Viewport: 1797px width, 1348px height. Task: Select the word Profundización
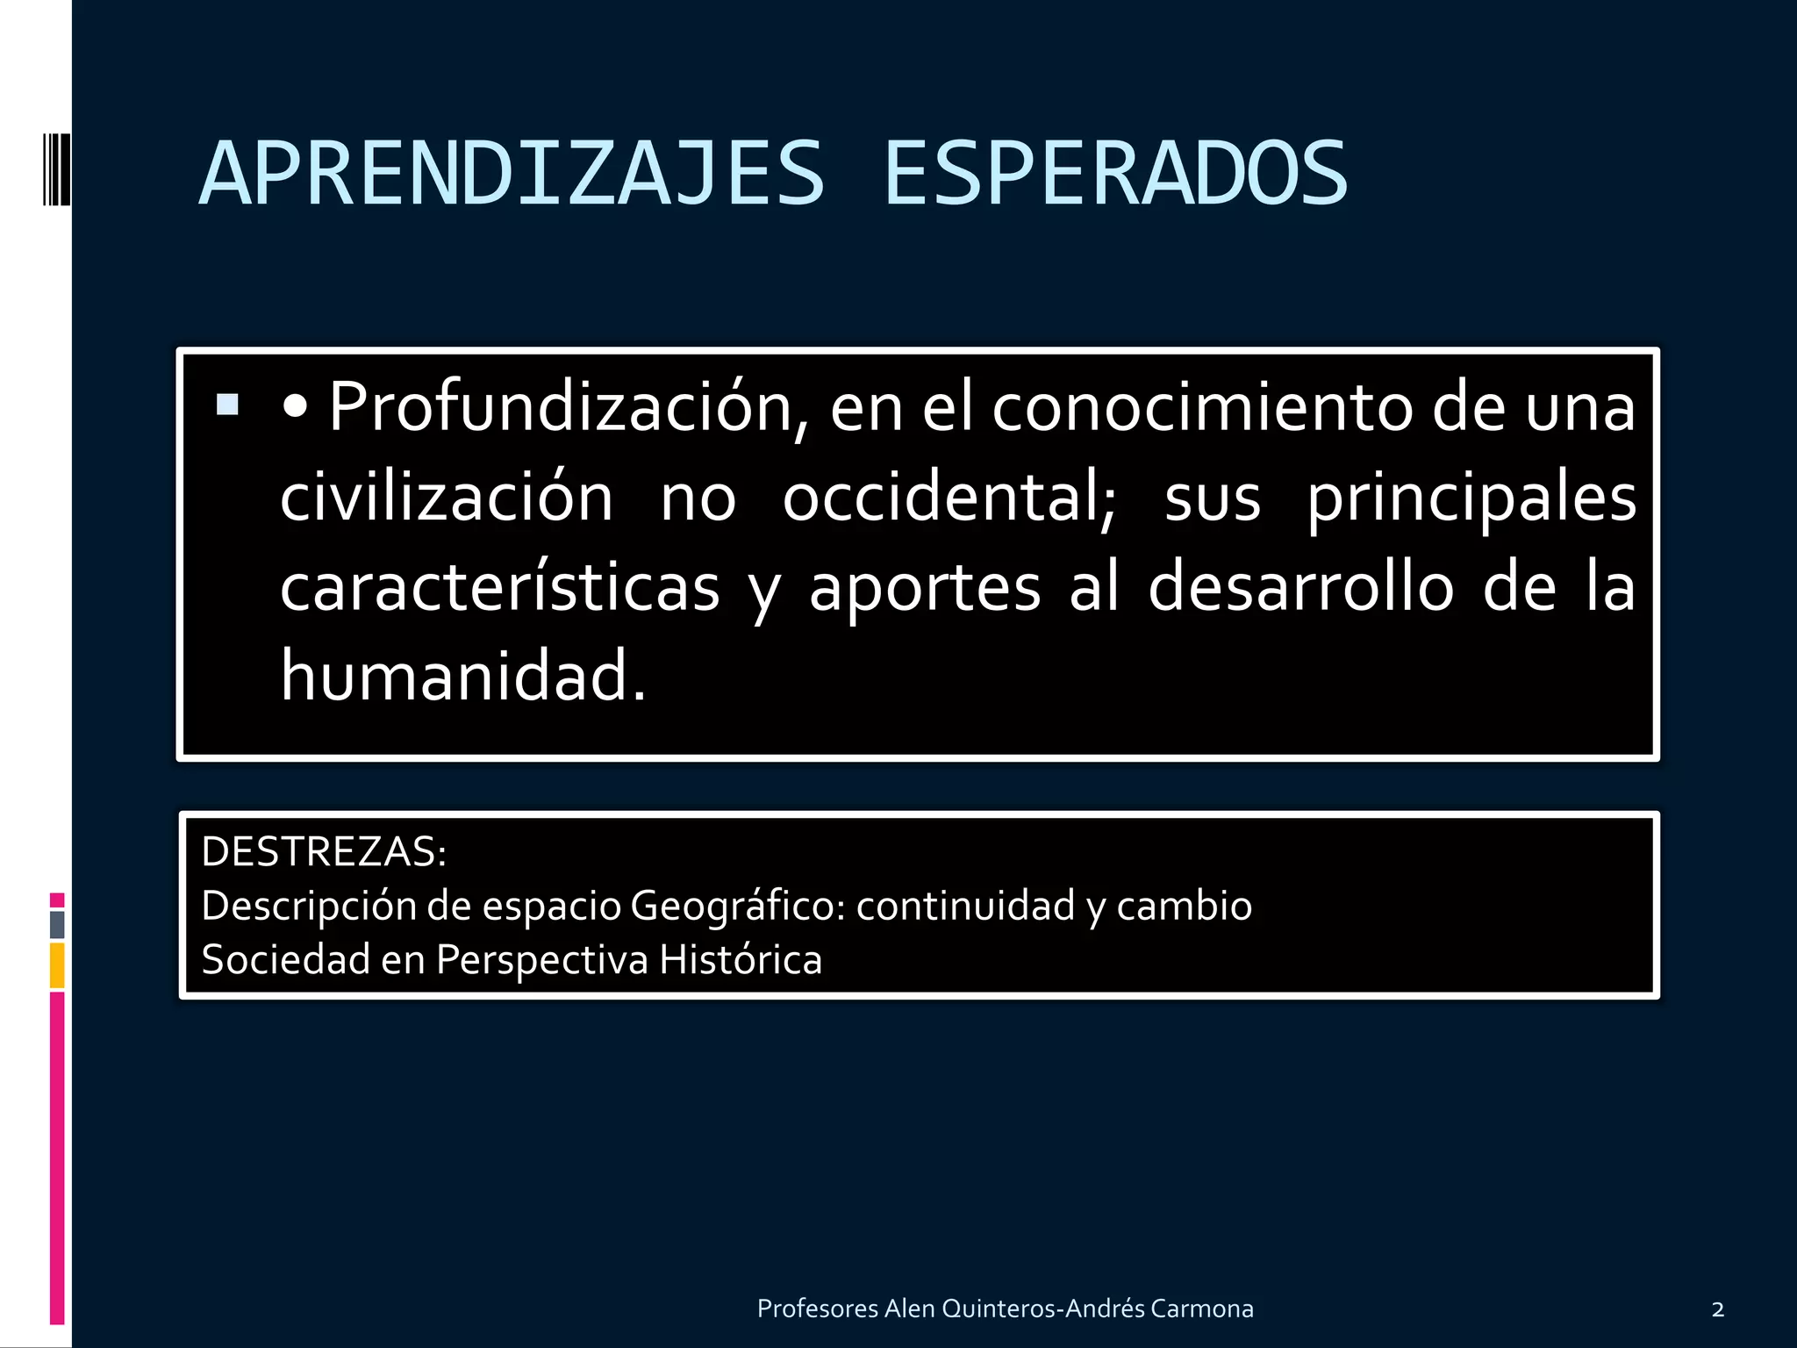click(561, 407)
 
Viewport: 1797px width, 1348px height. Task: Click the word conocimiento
click(1202, 407)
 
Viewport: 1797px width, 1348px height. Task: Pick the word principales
click(1471, 498)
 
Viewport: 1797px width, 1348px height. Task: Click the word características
click(500, 587)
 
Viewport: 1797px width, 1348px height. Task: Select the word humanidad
click(463, 676)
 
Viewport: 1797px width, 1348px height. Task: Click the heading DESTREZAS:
click(324, 852)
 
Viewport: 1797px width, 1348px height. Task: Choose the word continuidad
click(965, 906)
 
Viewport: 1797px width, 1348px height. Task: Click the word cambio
click(1184, 906)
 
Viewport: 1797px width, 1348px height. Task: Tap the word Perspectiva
click(541, 959)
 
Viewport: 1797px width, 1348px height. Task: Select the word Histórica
click(741, 959)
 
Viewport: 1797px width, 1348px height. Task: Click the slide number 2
click(1717, 1310)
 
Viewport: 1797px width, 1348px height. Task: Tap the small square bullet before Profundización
click(227, 405)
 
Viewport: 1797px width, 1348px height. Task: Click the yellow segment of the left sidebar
click(57, 965)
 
